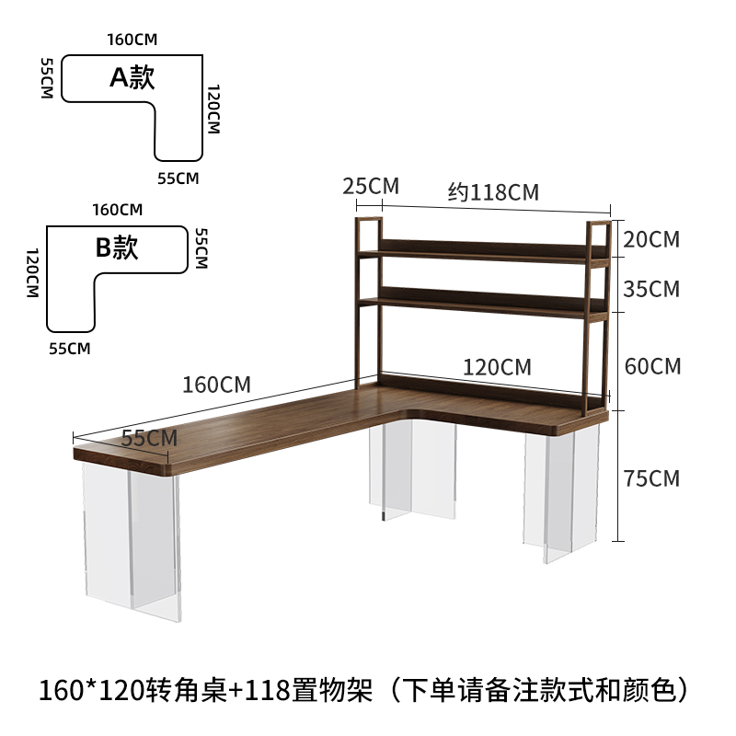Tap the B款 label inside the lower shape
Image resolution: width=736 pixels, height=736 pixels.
pos(117,247)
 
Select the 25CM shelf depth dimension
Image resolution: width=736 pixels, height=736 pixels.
pos(371,186)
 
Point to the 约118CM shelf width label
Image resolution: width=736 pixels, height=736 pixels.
pos(493,191)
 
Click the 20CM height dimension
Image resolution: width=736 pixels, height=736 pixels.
pos(651,240)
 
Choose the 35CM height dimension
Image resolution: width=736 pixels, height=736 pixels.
pos(651,290)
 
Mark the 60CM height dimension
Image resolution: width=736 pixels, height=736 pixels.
pos(652,366)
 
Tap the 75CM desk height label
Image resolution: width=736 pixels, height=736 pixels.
pos(651,478)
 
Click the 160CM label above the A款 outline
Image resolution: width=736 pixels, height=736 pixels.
pos(132,40)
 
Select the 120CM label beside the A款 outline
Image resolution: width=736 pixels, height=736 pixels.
pos(213,109)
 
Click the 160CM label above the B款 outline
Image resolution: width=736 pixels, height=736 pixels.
pos(117,209)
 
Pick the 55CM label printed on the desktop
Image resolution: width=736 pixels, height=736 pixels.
pos(149,438)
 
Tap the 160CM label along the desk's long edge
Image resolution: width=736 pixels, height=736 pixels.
pos(216,385)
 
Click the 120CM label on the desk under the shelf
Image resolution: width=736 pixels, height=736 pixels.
pos(497,367)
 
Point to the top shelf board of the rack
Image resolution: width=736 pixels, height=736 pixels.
pos(483,249)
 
